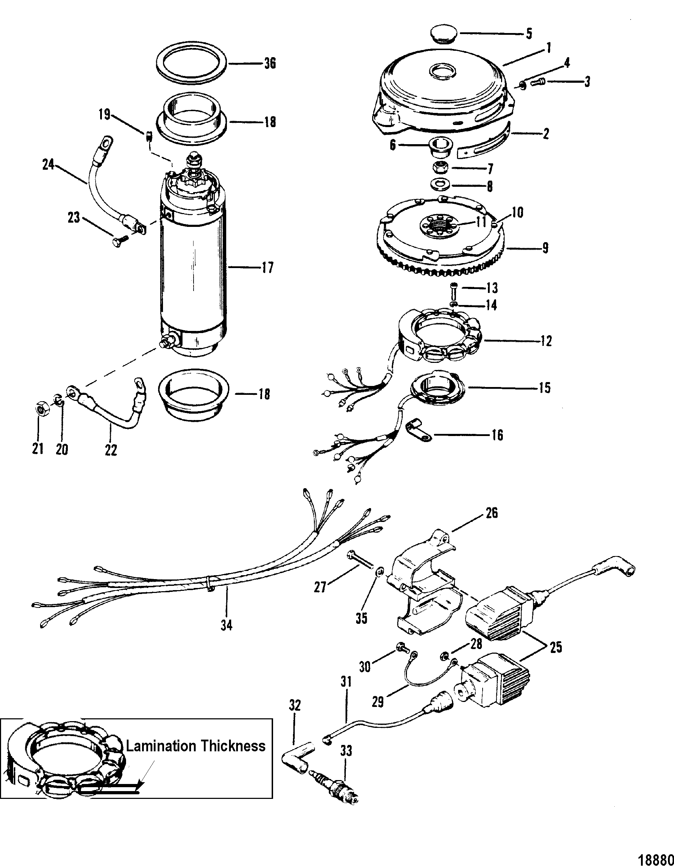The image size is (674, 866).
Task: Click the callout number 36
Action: pos(270,64)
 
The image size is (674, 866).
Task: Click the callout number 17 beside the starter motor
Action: pos(267,268)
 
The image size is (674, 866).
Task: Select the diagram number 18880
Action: pos(658,858)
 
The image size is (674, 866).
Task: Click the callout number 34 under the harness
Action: pos(227,637)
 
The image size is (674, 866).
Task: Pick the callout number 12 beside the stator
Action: pos(545,341)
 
